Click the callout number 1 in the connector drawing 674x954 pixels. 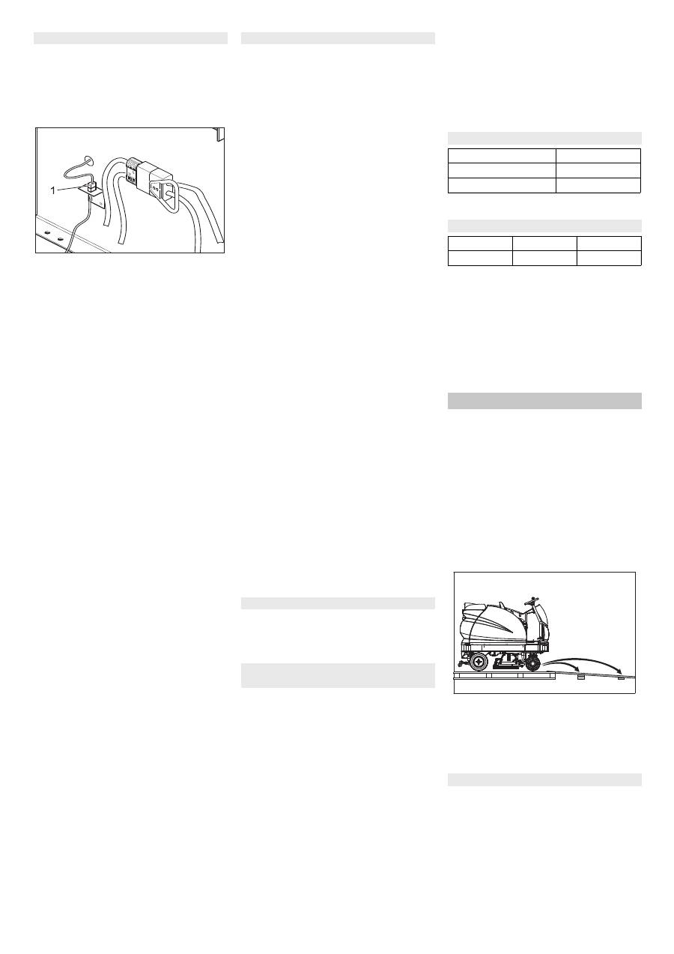tap(53, 190)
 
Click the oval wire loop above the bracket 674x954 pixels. tap(88, 160)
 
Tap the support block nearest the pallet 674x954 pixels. tap(580, 676)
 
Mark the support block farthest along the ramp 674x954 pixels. tap(621, 677)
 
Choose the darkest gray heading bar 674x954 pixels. tap(544, 400)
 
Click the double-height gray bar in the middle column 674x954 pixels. tap(338, 674)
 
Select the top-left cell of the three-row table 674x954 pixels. tap(502, 156)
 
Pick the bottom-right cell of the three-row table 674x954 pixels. tap(598, 185)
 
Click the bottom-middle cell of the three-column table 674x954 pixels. tap(544, 258)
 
